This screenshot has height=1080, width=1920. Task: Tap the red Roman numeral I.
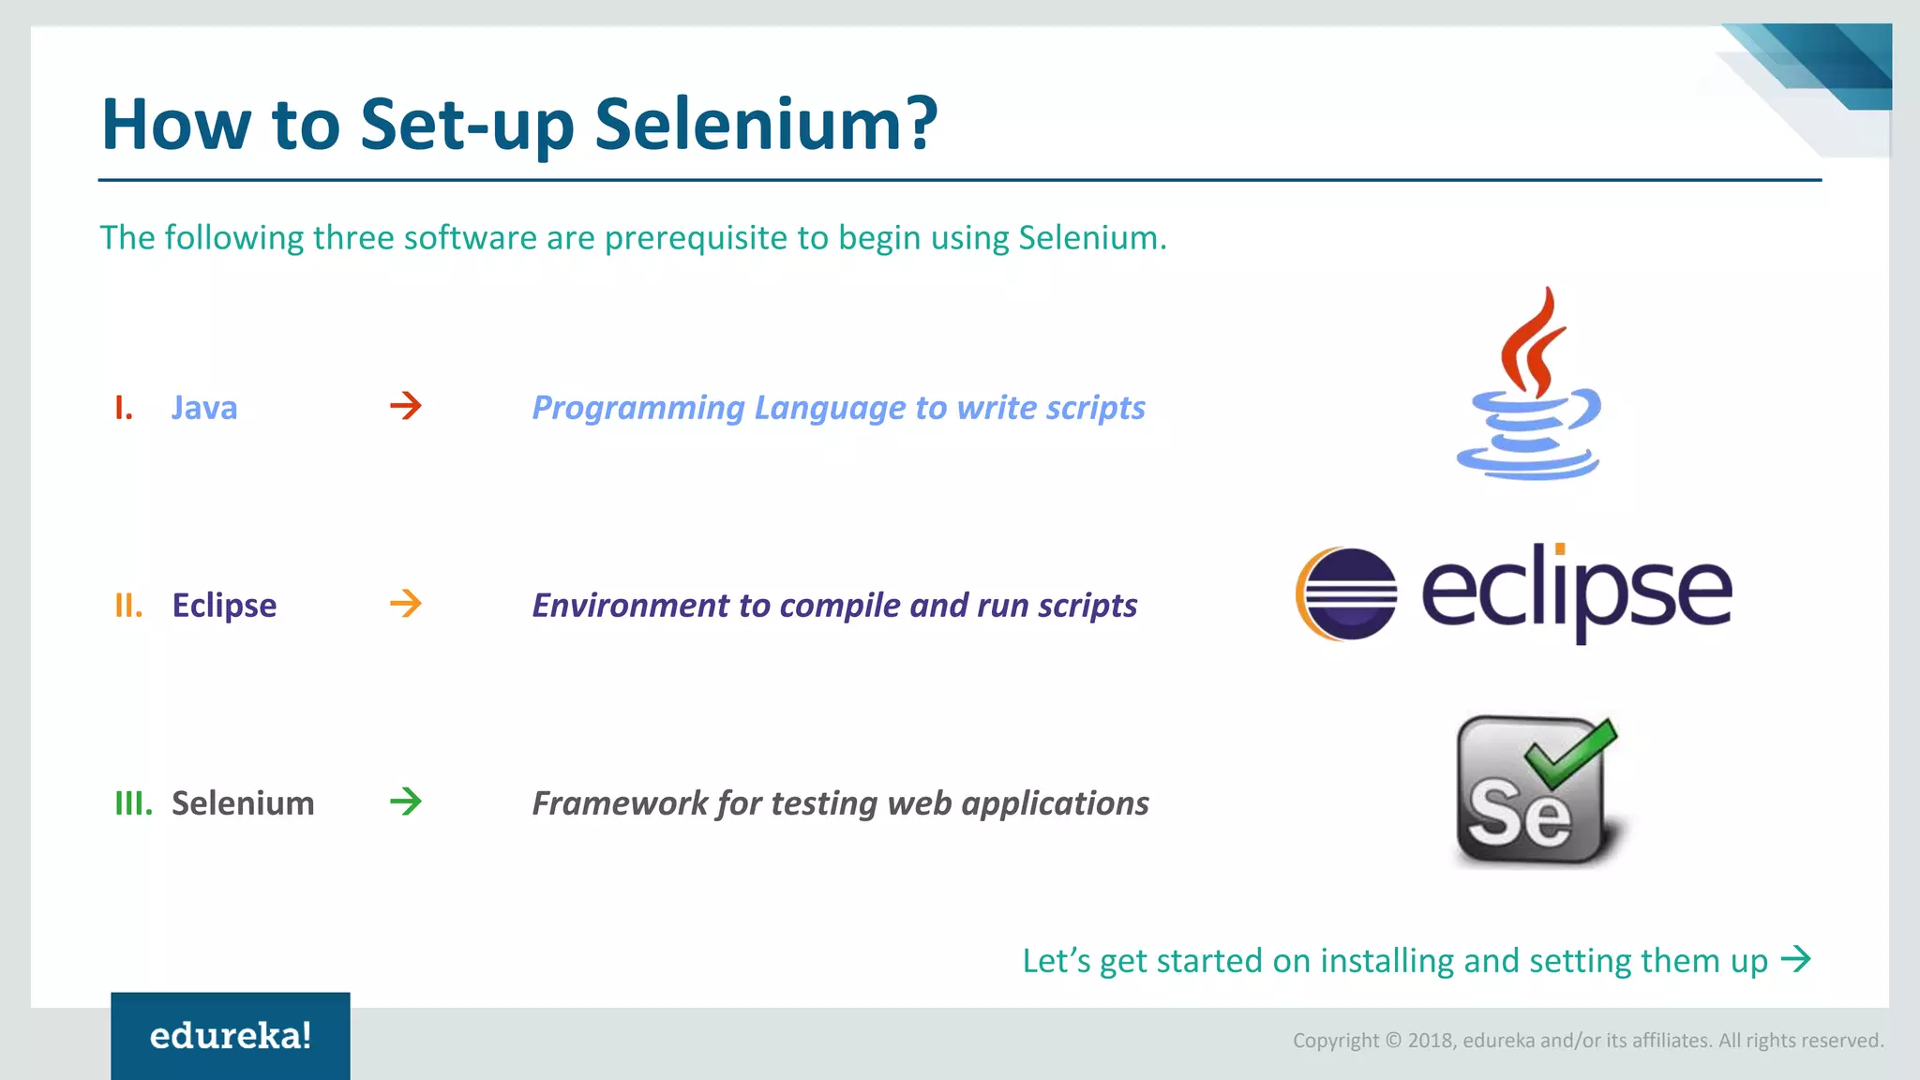(x=124, y=408)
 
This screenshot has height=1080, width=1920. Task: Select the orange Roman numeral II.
(x=128, y=606)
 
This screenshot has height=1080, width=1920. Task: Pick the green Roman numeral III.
(x=133, y=803)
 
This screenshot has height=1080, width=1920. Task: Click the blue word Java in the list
(x=204, y=408)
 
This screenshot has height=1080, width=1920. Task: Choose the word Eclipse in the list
(x=224, y=606)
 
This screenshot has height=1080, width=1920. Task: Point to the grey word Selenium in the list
(x=243, y=803)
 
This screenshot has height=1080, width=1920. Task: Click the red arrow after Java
(x=406, y=406)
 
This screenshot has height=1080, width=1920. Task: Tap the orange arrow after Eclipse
(x=406, y=604)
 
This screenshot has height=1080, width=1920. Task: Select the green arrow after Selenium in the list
(x=406, y=802)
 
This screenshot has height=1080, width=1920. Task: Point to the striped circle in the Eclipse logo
(x=1348, y=593)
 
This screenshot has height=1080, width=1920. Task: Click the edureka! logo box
(x=231, y=1035)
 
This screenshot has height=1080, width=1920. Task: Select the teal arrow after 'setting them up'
(x=1796, y=959)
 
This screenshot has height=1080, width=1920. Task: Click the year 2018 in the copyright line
(x=1430, y=1041)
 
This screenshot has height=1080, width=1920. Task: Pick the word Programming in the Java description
(x=638, y=408)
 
